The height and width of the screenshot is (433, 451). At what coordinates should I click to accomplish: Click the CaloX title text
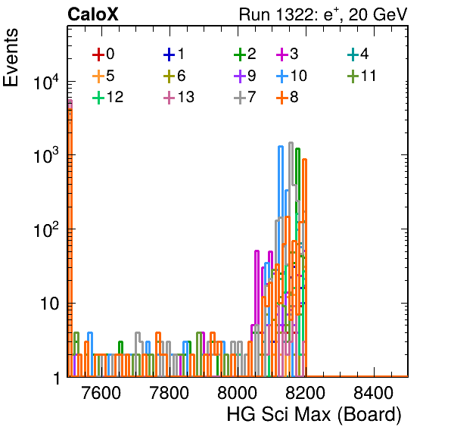point(93,14)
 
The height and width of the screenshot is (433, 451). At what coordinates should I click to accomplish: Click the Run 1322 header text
point(323,14)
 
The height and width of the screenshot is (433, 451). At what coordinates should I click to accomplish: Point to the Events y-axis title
point(11,58)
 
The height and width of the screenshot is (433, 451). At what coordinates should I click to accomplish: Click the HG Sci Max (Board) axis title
point(314,414)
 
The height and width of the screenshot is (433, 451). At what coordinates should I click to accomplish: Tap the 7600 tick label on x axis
point(101,393)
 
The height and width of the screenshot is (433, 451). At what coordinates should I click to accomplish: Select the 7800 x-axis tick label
point(170,393)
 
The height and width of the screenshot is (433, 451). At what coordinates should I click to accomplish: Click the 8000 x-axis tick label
point(238,393)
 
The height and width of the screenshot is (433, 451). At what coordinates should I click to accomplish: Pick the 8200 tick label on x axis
point(305,393)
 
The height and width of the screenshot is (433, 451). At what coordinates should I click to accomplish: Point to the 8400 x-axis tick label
point(373,393)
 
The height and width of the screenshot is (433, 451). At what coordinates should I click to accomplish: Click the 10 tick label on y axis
point(49,304)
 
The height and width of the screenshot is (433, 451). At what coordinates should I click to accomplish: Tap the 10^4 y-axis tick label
point(47,82)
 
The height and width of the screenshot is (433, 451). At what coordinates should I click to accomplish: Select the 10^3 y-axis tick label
point(47,156)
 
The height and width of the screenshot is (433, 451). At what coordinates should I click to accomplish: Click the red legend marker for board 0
point(98,55)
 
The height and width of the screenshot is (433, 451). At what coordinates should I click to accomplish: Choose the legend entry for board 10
point(291,76)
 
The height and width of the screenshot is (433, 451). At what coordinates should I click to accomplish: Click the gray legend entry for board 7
point(245,97)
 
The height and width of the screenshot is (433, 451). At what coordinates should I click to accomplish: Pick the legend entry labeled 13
point(179,97)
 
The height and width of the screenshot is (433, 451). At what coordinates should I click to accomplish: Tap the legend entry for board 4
point(358,55)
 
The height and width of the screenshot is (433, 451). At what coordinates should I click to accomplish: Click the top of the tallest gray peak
point(291,143)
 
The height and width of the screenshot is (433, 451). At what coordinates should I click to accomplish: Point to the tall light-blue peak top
point(281,147)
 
